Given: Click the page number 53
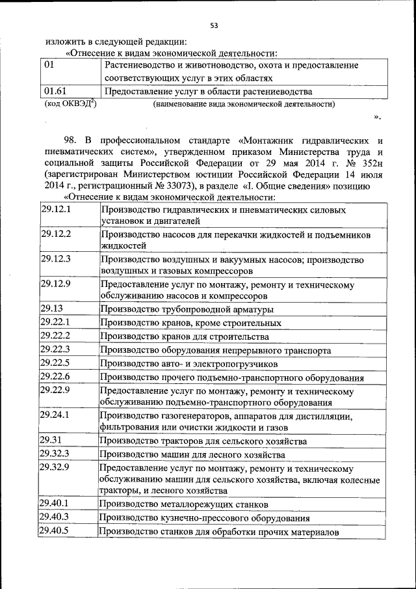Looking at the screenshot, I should pos(214,26).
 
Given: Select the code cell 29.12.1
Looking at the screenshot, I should pos(56,211).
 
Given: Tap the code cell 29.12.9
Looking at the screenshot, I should pos(56,285).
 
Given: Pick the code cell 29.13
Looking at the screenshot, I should pos(51,309).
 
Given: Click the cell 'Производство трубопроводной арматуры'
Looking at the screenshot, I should pos(187,310).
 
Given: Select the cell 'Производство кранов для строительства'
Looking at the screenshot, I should pos(184,337).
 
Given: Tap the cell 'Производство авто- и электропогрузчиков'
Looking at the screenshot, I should pos(188,364).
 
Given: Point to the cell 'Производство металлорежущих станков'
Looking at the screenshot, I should pos(185,504).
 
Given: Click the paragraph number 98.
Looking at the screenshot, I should pos(70,140).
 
